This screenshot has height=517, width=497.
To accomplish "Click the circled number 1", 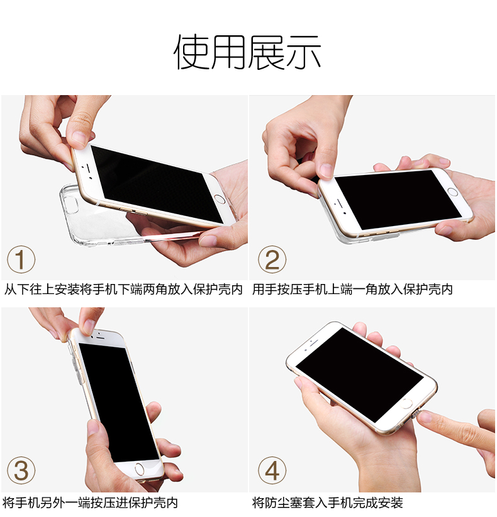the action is click(x=21, y=259).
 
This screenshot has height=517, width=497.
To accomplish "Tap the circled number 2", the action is click(x=272, y=259).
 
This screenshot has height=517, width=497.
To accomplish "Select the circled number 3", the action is click(x=21, y=470).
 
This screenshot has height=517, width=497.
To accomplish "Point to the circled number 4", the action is click(x=272, y=470).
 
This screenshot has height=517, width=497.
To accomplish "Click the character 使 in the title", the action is click(x=192, y=52).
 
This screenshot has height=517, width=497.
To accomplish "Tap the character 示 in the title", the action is click(x=303, y=52).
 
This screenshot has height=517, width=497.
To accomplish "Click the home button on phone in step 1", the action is click(x=220, y=199).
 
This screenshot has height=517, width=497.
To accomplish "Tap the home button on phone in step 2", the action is click(x=452, y=192).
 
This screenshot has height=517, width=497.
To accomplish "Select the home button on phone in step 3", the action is click(x=139, y=469).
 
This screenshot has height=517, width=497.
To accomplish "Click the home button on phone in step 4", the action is click(x=407, y=403).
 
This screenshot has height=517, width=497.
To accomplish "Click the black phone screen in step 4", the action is click(x=360, y=375).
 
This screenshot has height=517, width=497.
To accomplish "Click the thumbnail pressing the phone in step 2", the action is click(x=326, y=170).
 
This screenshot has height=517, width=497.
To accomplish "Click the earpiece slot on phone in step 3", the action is click(x=101, y=338).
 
